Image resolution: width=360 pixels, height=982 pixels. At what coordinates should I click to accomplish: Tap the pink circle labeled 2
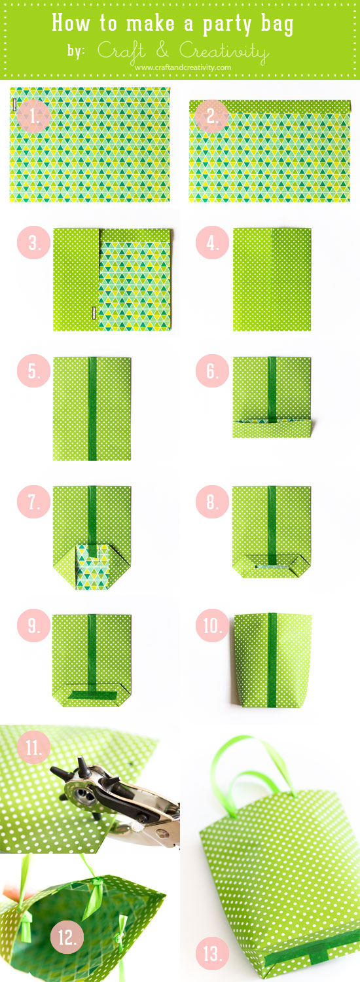[211, 117]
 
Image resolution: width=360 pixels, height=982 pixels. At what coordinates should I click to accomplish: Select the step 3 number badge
[33, 243]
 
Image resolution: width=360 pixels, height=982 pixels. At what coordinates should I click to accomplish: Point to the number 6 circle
[211, 371]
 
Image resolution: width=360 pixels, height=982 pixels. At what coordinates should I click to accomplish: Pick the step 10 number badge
[211, 627]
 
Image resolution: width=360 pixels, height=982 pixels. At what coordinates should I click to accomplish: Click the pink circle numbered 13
[212, 954]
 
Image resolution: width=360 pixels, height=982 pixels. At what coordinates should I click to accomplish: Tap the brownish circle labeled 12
[67, 937]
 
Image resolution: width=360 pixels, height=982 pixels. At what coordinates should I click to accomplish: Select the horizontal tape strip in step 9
[92, 693]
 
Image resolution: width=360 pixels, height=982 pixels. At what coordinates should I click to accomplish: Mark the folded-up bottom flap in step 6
[272, 429]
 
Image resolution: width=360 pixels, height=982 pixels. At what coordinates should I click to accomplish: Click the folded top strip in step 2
[270, 106]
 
